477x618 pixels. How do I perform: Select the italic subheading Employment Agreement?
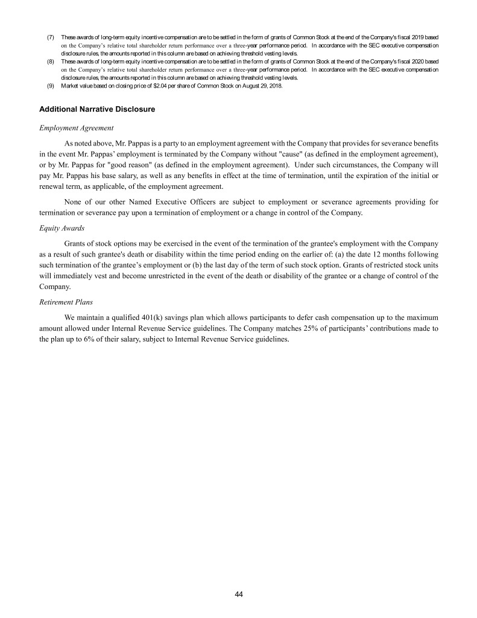[75, 128]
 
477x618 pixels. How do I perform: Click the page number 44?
[239, 594]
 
